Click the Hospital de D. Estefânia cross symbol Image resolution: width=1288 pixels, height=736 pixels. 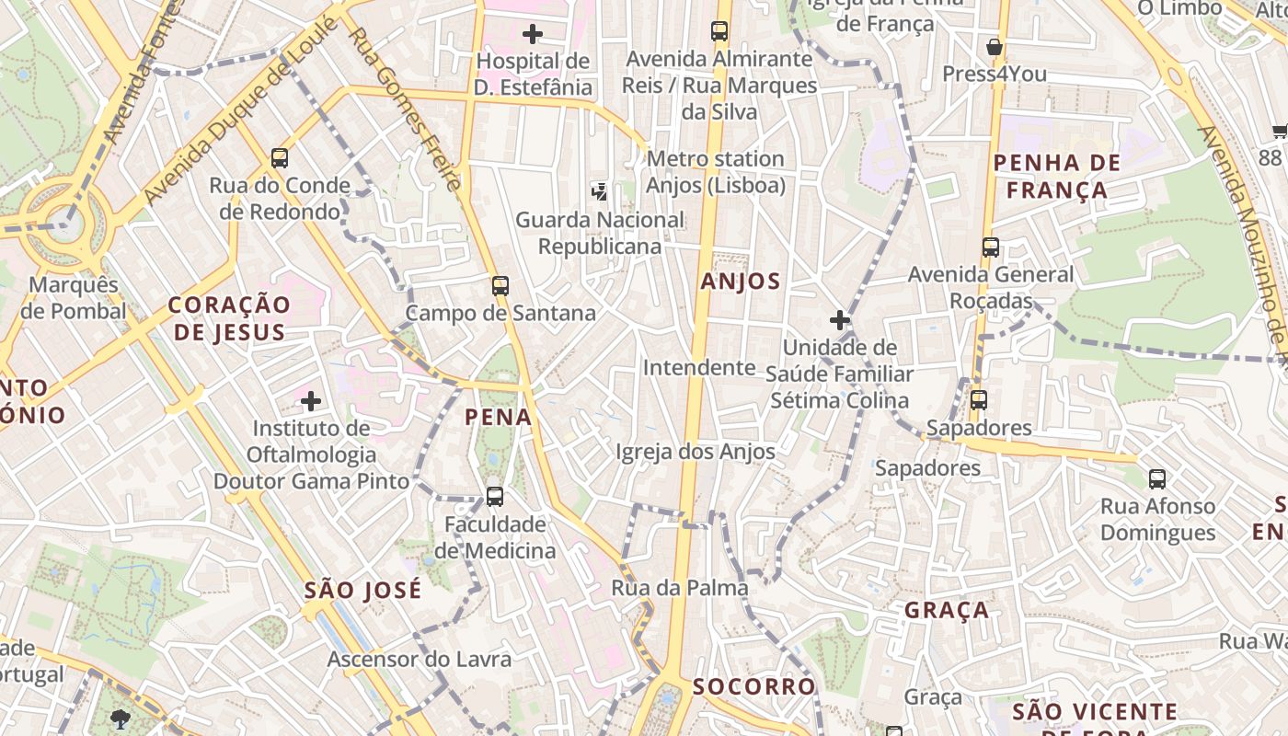click(532, 35)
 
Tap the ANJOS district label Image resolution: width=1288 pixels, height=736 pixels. click(741, 282)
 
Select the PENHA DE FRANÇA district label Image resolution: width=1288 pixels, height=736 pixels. click(1057, 177)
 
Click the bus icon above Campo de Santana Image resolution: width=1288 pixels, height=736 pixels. click(500, 285)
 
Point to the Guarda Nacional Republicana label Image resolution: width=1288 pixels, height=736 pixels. click(600, 233)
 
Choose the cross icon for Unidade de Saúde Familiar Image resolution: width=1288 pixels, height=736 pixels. click(839, 320)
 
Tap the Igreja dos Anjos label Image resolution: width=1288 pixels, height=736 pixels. click(696, 452)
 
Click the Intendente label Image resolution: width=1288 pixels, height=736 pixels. click(699, 368)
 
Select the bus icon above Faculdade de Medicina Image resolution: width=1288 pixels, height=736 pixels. click(495, 497)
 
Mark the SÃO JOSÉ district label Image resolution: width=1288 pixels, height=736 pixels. click(362, 590)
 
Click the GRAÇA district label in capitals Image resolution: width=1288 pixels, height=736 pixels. click(947, 610)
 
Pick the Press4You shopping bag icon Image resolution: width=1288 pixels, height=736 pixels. click(994, 47)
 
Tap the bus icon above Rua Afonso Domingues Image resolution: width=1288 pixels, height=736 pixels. click(1157, 478)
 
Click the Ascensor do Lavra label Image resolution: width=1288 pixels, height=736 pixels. click(420, 660)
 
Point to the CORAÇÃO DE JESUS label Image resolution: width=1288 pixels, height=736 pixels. click(229, 318)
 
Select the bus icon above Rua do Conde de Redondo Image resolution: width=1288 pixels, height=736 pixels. click(280, 158)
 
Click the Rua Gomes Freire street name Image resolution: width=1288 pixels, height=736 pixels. click(406, 109)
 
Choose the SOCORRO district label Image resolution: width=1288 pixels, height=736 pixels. click(754, 686)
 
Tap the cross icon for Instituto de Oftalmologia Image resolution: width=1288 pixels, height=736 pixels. click(311, 401)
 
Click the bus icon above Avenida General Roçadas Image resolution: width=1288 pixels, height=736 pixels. click(991, 247)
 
